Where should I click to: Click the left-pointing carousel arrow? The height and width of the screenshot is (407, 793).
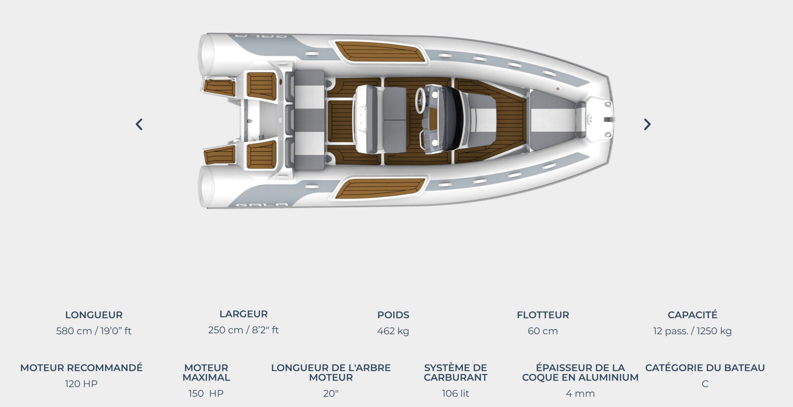(x=139, y=124)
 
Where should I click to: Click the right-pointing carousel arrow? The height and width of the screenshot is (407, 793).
(x=647, y=124)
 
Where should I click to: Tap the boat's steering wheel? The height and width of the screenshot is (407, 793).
(x=421, y=99)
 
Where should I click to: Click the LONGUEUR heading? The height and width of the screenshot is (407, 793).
(x=94, y=315)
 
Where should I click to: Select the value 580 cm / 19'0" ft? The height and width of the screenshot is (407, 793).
(x=94, y=331)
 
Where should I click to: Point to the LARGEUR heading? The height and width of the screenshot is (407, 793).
(x=243, y=314)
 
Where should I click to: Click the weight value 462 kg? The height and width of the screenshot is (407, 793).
(x=393, y=331)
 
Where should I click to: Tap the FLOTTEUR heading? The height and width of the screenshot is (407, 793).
(x=543, y=315)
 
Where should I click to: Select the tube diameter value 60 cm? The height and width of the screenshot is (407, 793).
(x=543, y=331)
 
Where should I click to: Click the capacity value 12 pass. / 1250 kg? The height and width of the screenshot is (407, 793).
(x=692, y=331)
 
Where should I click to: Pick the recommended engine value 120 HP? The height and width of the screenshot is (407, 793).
(x=81, y=384)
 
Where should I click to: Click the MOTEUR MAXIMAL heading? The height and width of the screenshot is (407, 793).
(x=206, y=372)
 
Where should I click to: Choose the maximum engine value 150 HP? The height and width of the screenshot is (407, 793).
(x=206, y=394)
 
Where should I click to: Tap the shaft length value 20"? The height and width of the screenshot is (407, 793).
(x=331, y=394)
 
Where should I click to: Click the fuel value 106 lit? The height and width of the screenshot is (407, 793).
(x=456, y=394)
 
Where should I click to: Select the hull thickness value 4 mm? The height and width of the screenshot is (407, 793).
(x=580, y=394)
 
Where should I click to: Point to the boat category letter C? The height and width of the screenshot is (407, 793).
(x=705, y=384)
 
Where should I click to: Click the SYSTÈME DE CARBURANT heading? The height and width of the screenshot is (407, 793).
(x=456, y=372)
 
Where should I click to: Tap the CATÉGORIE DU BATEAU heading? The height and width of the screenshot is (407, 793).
(x=705, y=368)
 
